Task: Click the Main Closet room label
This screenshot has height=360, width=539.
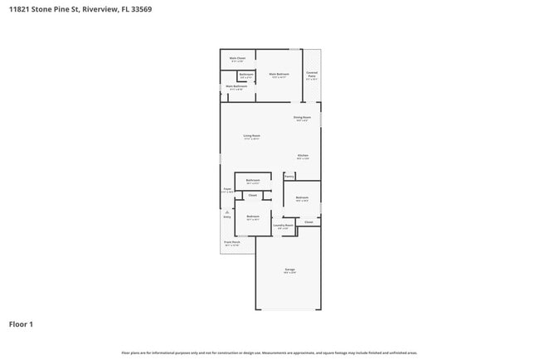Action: (237, 58)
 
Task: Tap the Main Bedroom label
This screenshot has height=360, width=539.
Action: (279, 75)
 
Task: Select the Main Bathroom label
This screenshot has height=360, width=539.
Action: (236, 86)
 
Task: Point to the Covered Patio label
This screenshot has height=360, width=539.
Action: (312, 75)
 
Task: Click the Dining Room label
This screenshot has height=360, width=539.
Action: (302, 117)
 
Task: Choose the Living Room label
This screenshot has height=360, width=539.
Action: (251, 136)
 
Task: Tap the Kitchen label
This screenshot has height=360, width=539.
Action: (303, 155)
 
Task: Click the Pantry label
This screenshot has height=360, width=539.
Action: (289, 176)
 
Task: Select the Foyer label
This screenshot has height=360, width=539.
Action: (226, 189)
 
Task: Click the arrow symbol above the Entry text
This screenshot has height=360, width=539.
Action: (226, 212)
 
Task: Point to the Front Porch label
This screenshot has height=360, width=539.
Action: (231, 242)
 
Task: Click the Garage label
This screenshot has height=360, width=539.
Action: (290, 270)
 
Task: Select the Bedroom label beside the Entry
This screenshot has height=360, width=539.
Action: (253, 216)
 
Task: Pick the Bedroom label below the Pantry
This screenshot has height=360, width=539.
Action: (302, 197)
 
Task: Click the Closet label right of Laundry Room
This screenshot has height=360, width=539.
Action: (308, 221)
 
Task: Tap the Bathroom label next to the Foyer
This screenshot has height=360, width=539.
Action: (253, 180)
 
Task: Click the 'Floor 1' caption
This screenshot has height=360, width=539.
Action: (21, 324)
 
